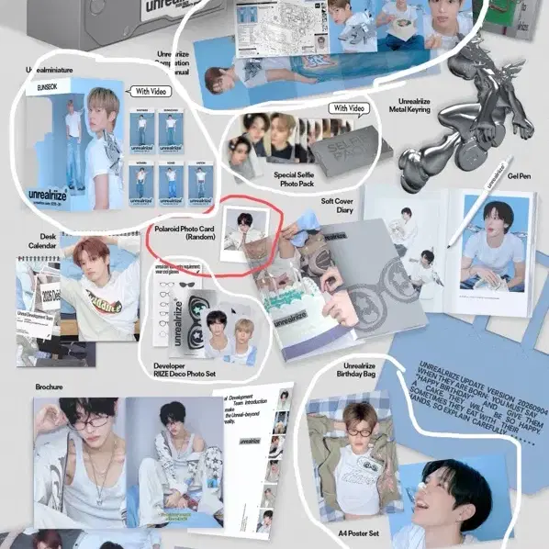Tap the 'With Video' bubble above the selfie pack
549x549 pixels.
click(x=348, y=108)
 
